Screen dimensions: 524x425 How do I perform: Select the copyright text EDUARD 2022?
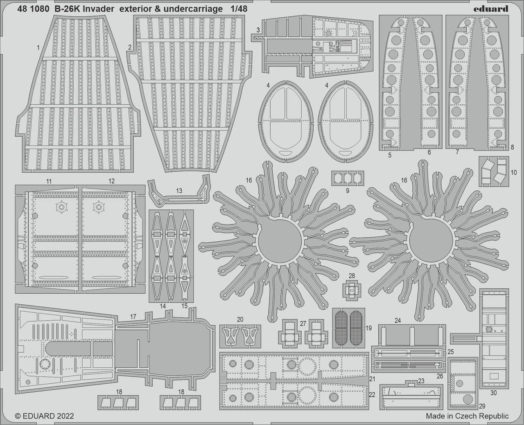[45, 416]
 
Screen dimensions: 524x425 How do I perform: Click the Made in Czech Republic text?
[468, 416]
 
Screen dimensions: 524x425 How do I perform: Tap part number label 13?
[179, 191]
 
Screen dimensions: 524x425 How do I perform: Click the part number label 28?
[352, 276]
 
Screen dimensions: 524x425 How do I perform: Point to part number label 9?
[348, 191]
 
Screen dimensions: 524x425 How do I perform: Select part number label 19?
[368, 328]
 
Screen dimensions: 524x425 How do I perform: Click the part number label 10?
[513, 172]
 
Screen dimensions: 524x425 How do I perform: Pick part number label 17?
[133, 317]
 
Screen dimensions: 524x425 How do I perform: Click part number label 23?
[421, 381]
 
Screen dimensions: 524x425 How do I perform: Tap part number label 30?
[493, 393]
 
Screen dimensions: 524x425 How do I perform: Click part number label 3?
[258, 30]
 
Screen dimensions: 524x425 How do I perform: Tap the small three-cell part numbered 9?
[348, 178]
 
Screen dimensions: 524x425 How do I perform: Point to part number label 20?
[240, 319]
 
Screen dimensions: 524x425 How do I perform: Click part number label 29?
[482, 406]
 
